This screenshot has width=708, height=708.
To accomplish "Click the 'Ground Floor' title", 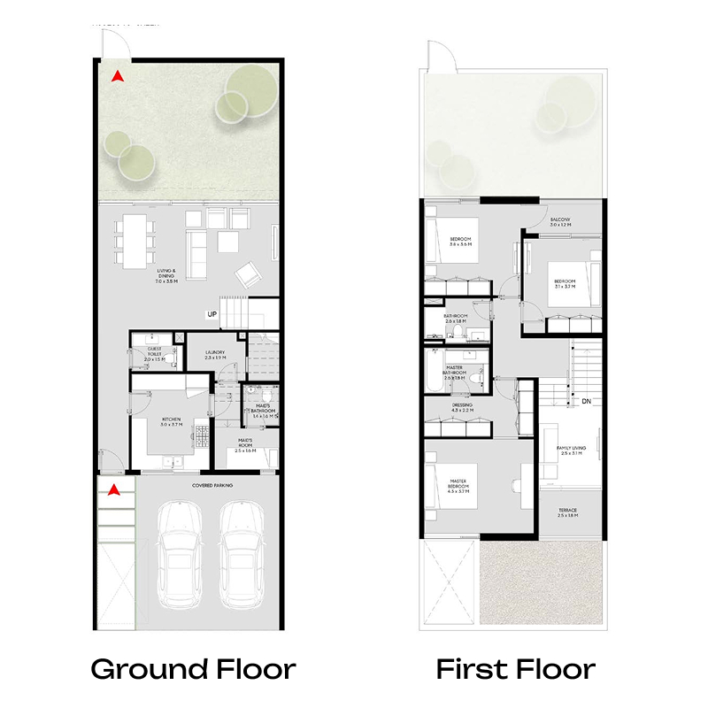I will pos(193,668).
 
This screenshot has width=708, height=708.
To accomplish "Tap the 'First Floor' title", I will pos(515,668).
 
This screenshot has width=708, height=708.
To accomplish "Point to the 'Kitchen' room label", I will pos(171,422).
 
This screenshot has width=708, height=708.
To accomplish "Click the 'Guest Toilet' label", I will pos(156,355).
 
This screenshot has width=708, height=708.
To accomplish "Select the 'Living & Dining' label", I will pos(167,275).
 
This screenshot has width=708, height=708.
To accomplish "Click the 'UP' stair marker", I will pos(212,314).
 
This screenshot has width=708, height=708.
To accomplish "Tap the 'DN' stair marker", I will pos(585,401).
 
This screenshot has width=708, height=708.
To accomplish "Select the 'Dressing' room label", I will pos(462,408).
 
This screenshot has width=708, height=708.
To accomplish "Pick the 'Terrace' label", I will pos(567,512).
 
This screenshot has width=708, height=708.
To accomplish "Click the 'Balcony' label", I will pos(560,222).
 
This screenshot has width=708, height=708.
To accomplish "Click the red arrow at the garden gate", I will pos(116,76).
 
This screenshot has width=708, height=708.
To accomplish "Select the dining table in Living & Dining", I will pos(135,241).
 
